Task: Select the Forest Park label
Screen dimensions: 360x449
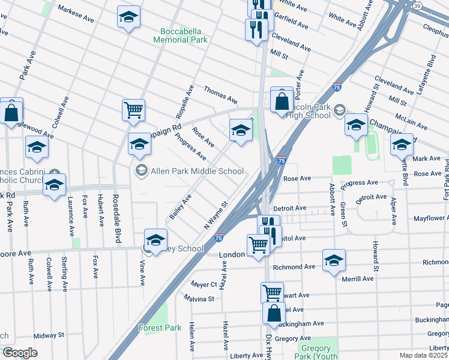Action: point(160,328)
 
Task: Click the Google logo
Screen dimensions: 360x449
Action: point(20,353)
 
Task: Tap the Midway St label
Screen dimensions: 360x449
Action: point(49,335)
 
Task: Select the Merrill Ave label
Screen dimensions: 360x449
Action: point(358,278)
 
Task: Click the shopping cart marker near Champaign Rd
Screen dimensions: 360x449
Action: point(133,109)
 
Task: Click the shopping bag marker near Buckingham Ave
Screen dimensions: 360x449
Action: point(274,313)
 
